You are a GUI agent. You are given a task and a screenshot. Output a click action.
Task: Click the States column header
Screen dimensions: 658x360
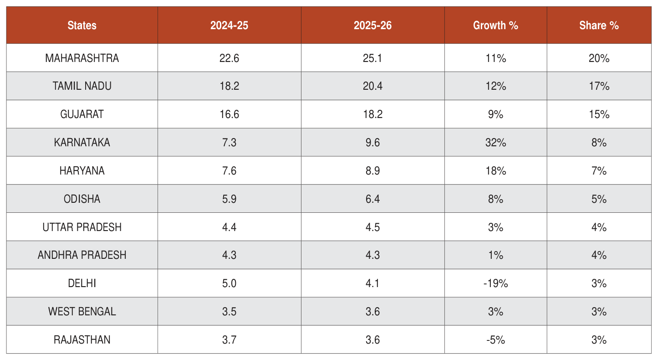82,26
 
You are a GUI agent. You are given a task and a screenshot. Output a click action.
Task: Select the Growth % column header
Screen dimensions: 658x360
495,26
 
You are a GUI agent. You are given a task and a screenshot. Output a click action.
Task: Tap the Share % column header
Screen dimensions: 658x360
599,26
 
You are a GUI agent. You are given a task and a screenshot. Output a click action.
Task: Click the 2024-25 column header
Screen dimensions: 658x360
229,26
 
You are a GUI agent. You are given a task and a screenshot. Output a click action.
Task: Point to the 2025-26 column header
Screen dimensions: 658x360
372,26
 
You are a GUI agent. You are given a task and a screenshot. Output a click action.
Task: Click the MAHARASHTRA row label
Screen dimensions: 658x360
82,58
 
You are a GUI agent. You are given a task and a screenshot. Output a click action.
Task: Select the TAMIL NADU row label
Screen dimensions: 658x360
82,86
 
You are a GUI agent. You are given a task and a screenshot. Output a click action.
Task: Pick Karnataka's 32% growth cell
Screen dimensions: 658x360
495,143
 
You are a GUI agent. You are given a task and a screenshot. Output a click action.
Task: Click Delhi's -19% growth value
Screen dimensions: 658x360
495,283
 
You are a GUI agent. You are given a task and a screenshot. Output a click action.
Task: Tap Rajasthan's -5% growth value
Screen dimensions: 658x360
495,340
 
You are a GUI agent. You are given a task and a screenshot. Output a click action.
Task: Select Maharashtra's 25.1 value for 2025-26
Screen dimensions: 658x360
372,58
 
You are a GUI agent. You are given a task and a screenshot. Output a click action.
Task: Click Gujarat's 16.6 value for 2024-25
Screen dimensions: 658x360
229,114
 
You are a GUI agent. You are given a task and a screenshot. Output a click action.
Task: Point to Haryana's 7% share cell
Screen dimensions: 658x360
599,171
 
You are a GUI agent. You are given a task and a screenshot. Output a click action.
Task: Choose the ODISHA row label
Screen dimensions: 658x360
82,199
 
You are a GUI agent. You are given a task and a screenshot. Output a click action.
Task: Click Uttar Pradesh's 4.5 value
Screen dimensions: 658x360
372,227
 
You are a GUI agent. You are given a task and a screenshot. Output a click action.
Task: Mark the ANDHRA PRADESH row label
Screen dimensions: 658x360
82,255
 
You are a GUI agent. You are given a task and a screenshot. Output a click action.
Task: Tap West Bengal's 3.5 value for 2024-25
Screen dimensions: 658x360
229,312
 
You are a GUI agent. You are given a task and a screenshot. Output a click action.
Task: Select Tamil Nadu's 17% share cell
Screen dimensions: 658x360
599,86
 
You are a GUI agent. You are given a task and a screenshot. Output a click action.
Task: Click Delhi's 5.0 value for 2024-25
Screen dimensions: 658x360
229,283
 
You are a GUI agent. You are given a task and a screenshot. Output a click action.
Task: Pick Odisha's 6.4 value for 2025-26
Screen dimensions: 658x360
372,199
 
